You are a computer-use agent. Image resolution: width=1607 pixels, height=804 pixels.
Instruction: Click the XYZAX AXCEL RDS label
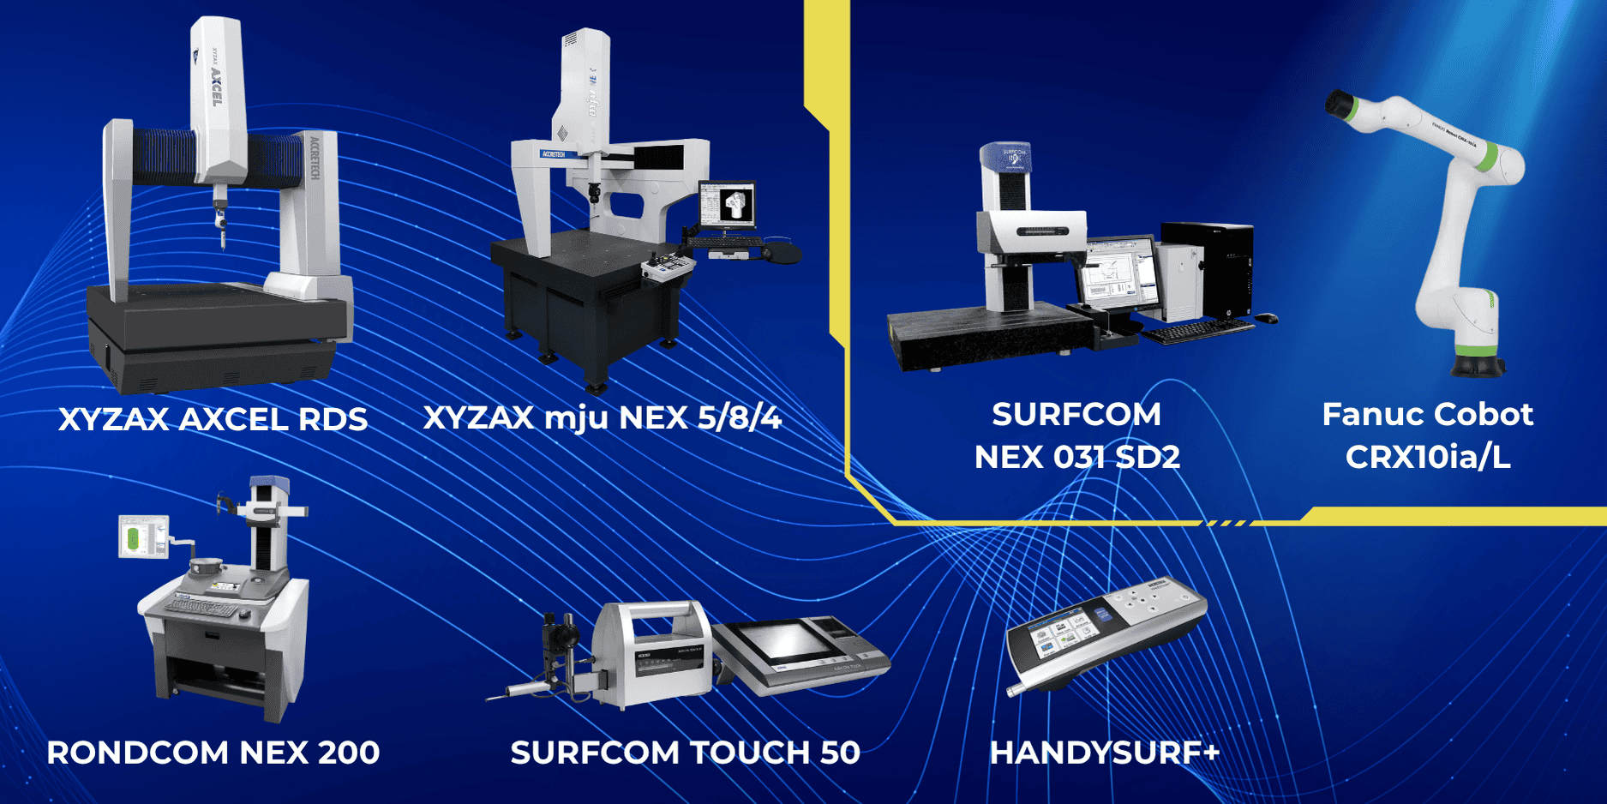[x=213, y=419]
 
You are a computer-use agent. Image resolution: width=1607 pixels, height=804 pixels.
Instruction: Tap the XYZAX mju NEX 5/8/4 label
[x=603, y=417]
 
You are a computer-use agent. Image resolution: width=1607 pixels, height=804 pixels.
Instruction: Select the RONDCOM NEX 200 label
[x=213, y=753]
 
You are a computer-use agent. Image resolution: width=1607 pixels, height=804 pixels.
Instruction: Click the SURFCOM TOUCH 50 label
[x=685, y=753]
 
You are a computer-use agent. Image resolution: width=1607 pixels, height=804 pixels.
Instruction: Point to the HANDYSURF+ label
[x=1104, y=753]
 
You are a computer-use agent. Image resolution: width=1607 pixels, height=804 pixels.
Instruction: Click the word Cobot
[x=1482, y=414]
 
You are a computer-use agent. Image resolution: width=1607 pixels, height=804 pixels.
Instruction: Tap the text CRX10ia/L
[x=1427, y=457]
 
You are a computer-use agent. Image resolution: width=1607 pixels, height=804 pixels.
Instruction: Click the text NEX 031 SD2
[x=1076, y=457]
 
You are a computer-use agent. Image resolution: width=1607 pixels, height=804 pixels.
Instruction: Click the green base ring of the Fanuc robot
[x=1476, y=350]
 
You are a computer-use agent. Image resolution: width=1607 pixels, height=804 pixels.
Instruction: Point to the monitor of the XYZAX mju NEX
[x=727, y=204]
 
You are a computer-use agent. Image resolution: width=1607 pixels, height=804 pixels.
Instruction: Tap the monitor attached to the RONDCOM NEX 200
[x=142, y=537]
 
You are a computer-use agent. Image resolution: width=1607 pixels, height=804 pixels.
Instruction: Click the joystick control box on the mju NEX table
[x=668, y=267]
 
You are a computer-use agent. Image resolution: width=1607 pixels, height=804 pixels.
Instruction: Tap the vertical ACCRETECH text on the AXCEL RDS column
[x=315, y=158]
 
